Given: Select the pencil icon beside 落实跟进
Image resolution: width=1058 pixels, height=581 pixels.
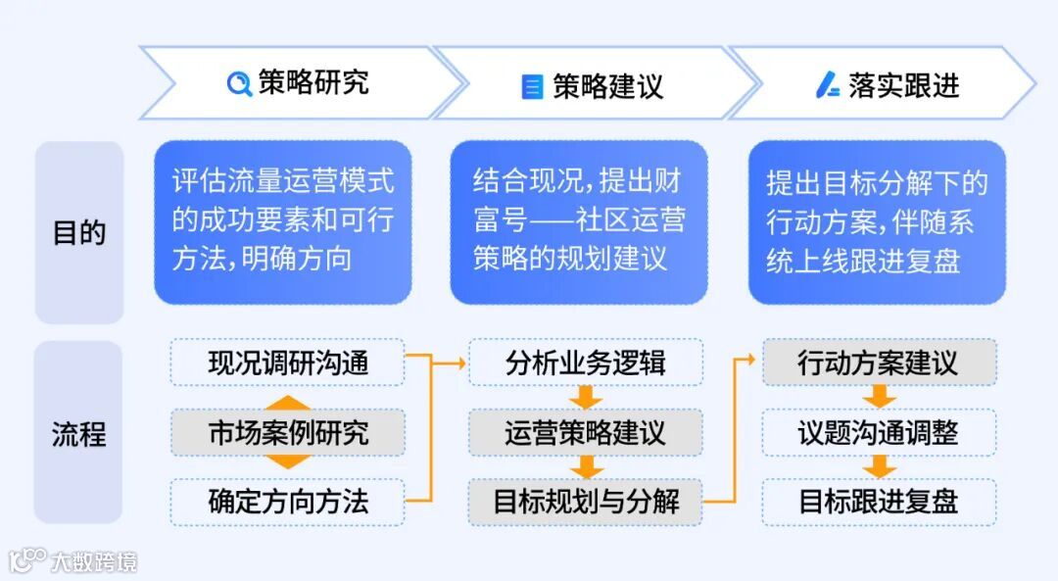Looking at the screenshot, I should pos(828,86).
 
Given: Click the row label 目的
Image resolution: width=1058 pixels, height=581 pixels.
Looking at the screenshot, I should pos(78,233).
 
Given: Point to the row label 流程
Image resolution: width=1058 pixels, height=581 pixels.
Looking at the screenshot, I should pos(78,433).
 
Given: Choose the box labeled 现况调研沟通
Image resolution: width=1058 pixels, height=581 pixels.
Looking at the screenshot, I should pos(288,363).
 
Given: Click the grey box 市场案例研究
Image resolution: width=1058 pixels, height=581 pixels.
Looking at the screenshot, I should pos(288,432).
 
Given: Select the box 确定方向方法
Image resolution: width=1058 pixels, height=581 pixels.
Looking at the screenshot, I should pos(288,502).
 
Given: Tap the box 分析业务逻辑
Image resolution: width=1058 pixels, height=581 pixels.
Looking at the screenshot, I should pos(585,363).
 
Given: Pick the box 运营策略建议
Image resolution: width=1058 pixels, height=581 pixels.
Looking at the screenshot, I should pos(585,432).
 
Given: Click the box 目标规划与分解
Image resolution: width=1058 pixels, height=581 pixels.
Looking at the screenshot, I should pos(585,502).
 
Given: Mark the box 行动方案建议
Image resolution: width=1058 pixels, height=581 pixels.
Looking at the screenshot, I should pos(878,363).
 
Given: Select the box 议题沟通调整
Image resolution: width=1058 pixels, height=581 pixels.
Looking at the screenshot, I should pos(878,432).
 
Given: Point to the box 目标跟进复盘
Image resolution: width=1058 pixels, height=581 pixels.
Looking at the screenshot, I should pos(878,502).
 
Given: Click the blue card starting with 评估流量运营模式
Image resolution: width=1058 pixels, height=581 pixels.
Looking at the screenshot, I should pos(282,221).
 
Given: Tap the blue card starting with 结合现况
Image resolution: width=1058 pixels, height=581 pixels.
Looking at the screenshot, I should pos(578,221).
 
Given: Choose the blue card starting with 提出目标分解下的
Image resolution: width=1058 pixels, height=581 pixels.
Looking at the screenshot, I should pos(877,221).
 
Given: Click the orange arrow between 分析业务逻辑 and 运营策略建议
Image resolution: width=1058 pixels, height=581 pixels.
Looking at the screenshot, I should pos(587,397).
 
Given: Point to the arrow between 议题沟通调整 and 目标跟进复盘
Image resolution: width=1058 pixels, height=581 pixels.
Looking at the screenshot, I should pos(879,466).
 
